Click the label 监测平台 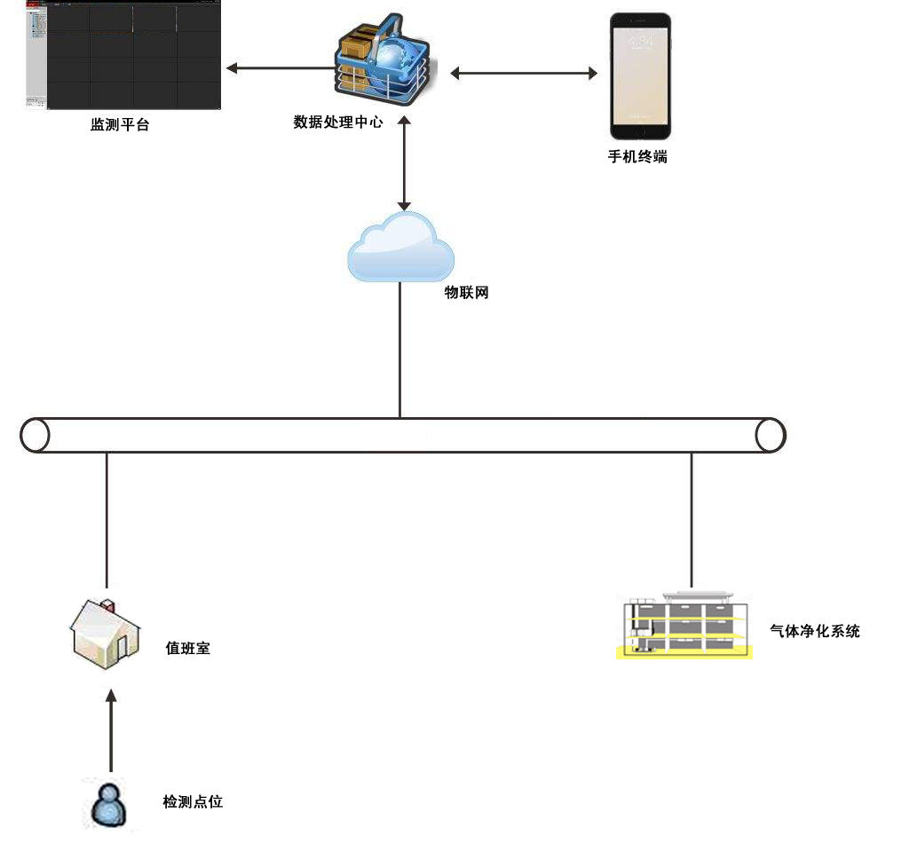(x=120, y=125)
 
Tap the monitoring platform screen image (x=121, y=56)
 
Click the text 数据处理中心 (x=338, y=122)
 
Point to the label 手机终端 (x=637, y=157)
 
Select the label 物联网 (x=466, y=293)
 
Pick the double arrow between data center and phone (x=524, y=74)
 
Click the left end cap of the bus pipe (x=35, y=435)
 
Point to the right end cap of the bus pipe (x=770, y=435)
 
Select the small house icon (x=106, y=632)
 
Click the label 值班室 (x=188, y=649)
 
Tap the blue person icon (x=108, y=805)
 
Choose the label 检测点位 (x=193, y=801)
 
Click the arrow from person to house (x=111, y=732)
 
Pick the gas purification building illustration (x=684, y=626)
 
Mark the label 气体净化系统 (x=815, y=631)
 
